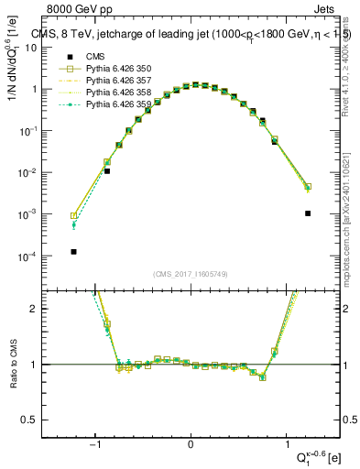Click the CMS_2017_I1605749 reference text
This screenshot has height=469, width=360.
(x=190, y=274)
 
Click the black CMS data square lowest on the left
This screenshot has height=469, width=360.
(x=73, y=251)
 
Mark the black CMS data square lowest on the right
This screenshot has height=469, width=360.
(x=308, y=213)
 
